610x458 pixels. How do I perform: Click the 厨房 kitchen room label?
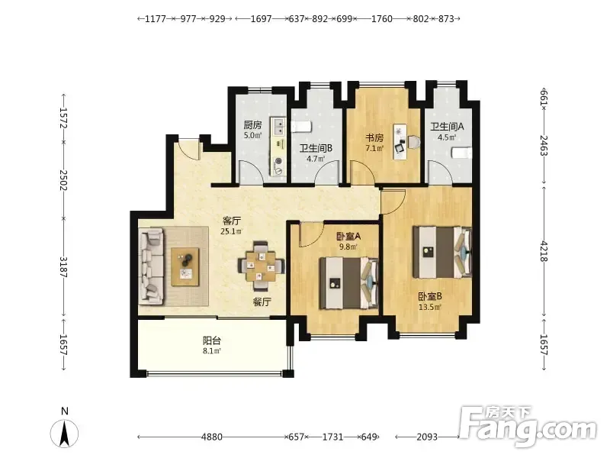pos(252,125)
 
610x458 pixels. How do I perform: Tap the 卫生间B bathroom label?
pos(316,148)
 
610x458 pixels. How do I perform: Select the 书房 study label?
pos(374,138)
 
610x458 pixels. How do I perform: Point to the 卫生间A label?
pos(447,127)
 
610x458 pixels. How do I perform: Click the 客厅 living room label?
pos(231,221)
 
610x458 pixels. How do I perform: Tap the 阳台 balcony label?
pos(212,340)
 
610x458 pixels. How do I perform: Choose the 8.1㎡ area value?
pos(212,351)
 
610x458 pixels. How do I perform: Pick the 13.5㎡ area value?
pos(430,308)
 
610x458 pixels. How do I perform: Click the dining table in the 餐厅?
pos(261,266)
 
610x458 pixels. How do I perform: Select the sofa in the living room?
pos(151,266)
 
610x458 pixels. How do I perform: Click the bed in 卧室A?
pos(349,283)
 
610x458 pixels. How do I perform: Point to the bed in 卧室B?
pos(442,253)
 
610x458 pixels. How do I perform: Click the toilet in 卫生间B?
pos(301,127)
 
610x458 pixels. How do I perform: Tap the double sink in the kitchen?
pos(278,126)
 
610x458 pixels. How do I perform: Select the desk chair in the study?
pos(414,142)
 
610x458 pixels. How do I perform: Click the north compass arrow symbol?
pos(65,434)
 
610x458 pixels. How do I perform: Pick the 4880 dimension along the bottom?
pos(212,437)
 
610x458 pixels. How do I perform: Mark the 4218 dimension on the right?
pos(544,252)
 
